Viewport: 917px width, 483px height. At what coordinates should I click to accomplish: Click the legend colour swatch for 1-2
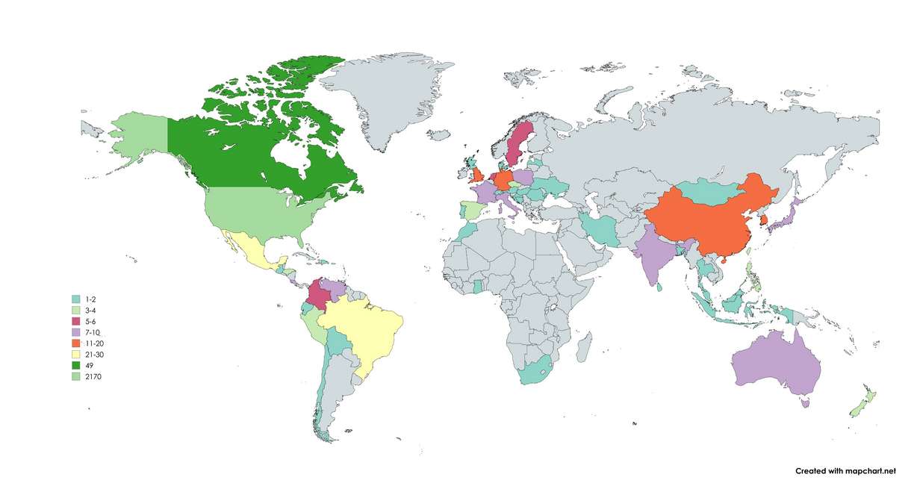point(75,299)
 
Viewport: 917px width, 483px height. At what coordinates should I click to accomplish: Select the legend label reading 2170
point(94,377)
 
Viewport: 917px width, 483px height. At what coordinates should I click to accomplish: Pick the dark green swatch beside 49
point(75,366)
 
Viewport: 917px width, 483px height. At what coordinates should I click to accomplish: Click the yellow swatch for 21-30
point(75,355)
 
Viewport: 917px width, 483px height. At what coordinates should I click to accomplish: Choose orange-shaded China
point(702,216)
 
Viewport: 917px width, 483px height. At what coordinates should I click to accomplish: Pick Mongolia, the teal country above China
point(702,190)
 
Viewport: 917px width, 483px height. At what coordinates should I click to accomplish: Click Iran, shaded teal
point(601,228)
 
